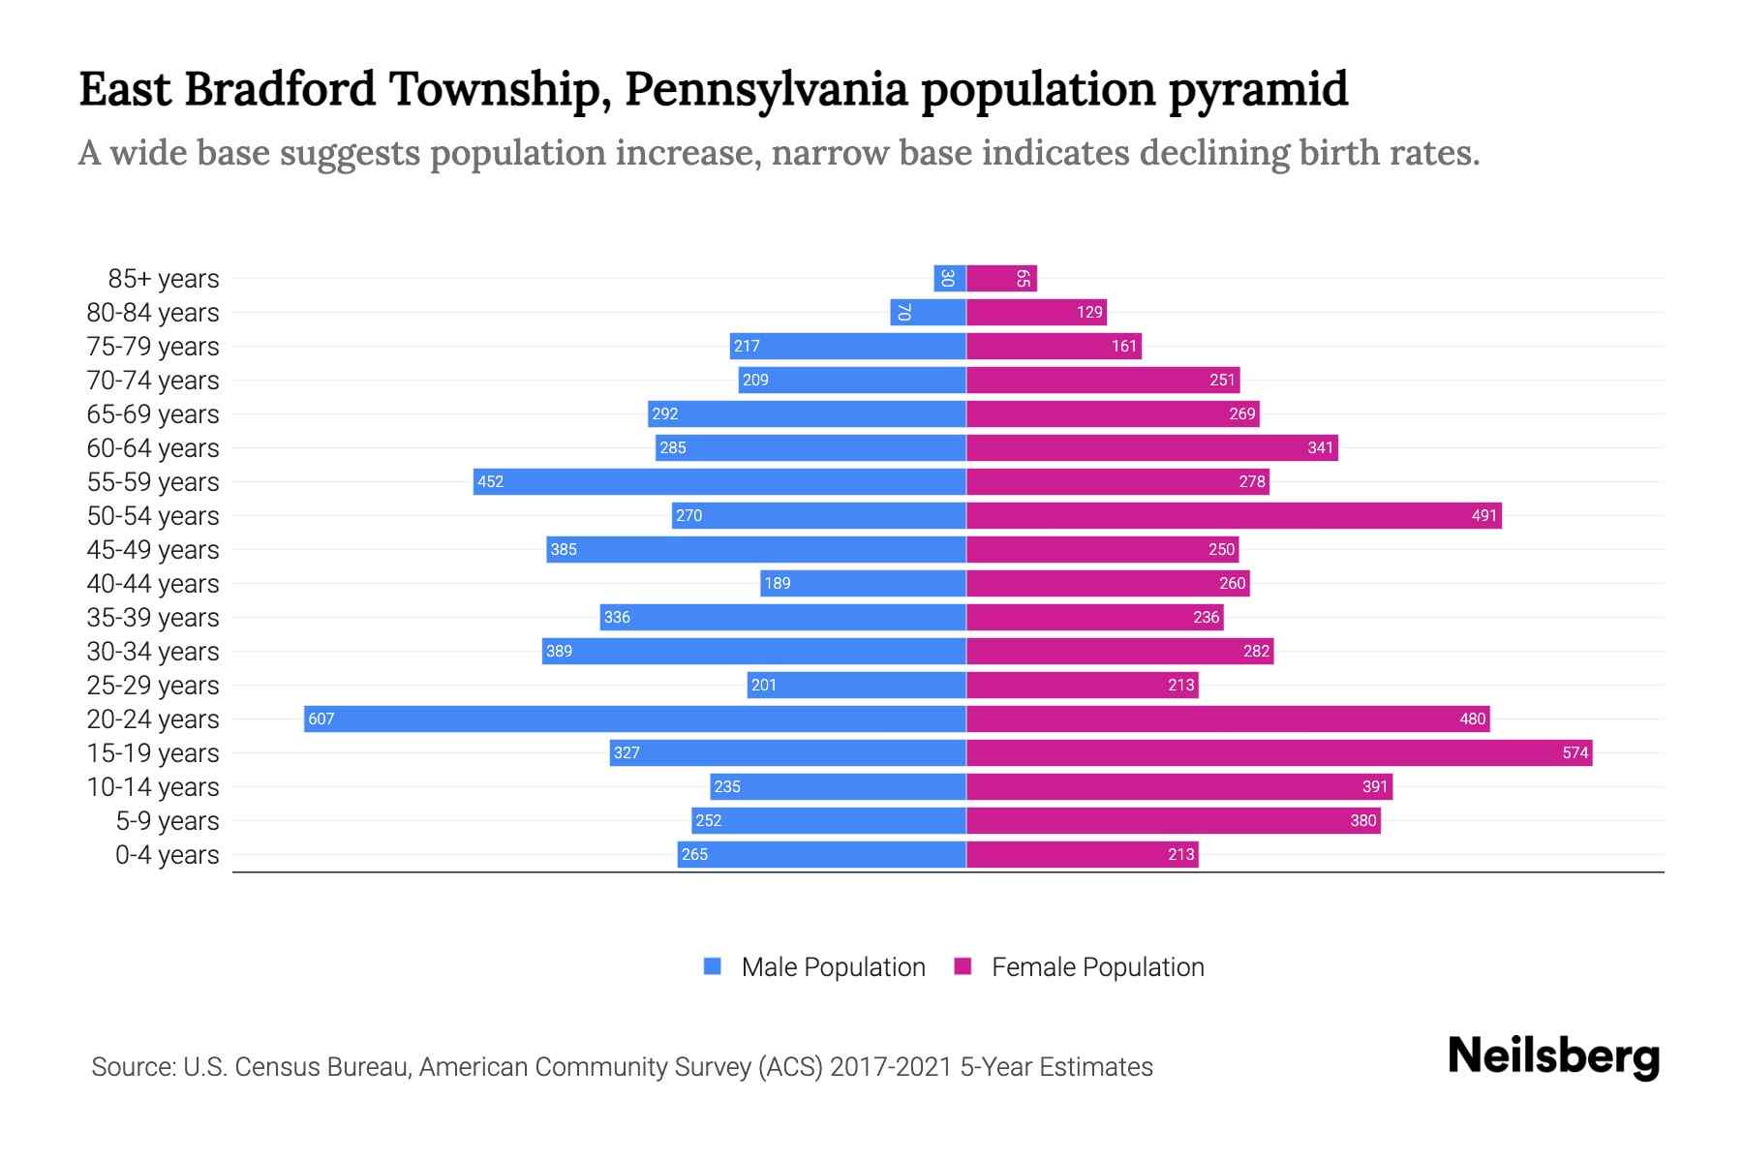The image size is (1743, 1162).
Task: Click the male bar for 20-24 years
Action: (635, 719)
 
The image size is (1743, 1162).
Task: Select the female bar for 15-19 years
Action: (1278, 752)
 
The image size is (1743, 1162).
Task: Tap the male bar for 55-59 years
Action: (719, 481)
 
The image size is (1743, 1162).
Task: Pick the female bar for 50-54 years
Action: (1234, 515)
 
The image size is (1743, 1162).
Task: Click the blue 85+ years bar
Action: (950, 278)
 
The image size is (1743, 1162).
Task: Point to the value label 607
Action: (321, 719)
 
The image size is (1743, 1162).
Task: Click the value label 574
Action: (1575, 752)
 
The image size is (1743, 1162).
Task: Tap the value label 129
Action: (1089, 312)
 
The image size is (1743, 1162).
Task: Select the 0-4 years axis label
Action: (167, 855)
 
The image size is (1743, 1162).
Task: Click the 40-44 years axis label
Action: (153, 584)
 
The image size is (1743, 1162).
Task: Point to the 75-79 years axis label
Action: (153, 347)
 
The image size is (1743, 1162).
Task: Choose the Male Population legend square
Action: (713, 966)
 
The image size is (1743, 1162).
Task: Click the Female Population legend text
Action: (1097, 967)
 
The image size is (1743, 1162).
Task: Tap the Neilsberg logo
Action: (1553, 1056)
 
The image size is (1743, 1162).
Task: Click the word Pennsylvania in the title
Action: (766, 89)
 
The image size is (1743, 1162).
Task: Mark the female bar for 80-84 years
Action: (1036, 312)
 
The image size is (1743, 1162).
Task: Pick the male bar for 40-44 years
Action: (863, 583)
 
